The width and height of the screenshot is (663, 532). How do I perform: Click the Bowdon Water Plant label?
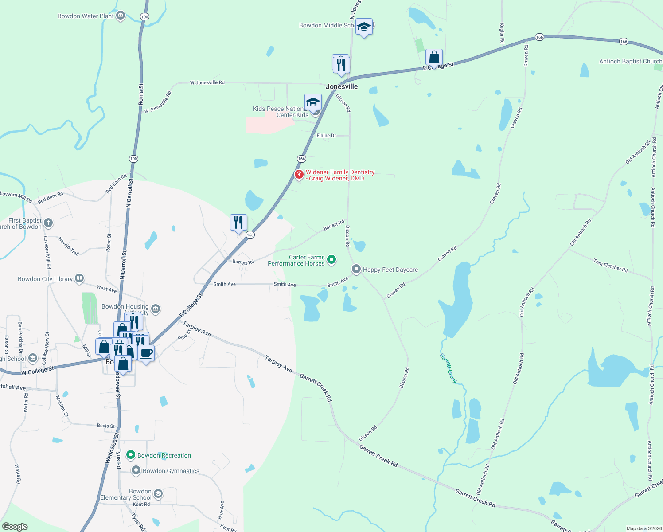[x=86, y=16]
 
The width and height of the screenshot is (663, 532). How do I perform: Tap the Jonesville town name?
[x=342, y=86]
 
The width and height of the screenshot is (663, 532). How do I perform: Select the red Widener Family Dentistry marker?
[x=299, y=175]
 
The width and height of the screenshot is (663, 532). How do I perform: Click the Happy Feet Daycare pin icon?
[x=356, y=269]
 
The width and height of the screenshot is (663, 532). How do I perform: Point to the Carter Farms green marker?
[x=331, y=260]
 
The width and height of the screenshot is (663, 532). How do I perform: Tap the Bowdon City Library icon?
[x=79, y=278]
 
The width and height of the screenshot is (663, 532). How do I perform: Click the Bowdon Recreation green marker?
[x=131, y=455]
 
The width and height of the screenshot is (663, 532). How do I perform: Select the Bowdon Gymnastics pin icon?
[x=136, y=470]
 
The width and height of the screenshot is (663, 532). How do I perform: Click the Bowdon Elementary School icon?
[x=158, y=494]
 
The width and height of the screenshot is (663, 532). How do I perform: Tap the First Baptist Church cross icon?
[x=48, y=223]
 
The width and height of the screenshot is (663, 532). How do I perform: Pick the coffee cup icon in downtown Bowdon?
[x=146, y=354]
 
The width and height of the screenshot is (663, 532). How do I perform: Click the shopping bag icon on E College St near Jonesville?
[x=434, y=58]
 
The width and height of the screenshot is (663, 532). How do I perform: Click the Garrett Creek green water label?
[x=448, y=368]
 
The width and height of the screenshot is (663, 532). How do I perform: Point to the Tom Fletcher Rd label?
[x=610, y=266]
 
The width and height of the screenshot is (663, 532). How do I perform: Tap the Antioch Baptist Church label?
[x=630, y=61]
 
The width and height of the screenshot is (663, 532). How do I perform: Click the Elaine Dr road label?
[x=326, y=136]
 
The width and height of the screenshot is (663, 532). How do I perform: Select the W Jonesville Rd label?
[x=207, y=82]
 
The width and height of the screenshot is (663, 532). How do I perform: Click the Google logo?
[x=15, y=527]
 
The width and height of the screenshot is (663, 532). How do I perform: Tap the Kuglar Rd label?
[x=502, y=34]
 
